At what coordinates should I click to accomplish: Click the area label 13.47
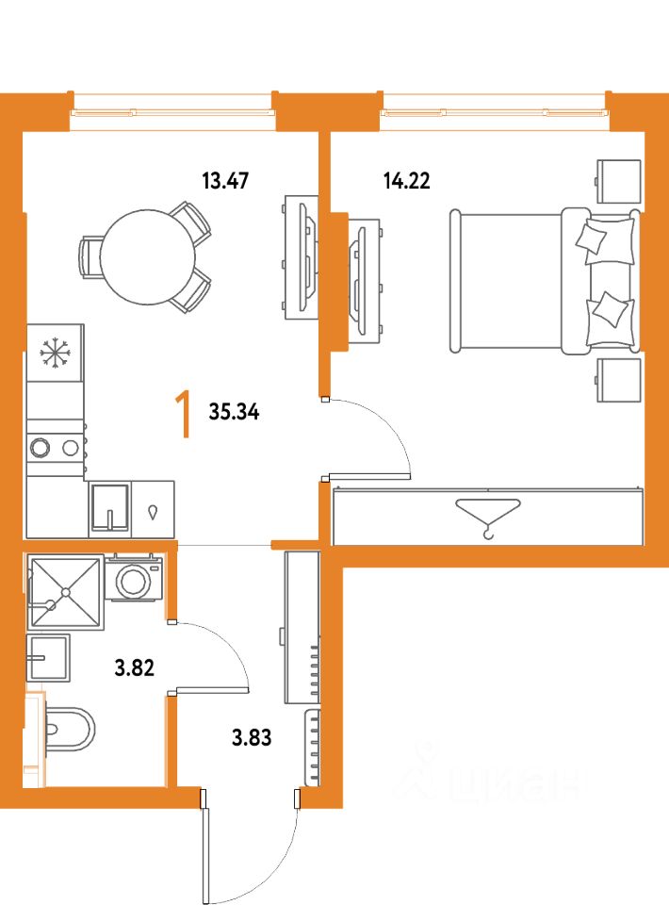[x=225, y=181]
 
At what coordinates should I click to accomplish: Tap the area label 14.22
[x=407, y=181]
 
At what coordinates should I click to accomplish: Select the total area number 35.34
[x=234, y=412]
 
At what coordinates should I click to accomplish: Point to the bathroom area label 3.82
[x=135, y=667]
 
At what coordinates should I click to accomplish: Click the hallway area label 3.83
[x=252, y=737]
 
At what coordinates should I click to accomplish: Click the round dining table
[x=148, y=256]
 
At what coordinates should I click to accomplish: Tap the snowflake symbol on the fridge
[x=56, y=353]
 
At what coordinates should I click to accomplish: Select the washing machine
[x=134, y=578]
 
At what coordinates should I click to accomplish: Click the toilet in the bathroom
[x=69, y=729]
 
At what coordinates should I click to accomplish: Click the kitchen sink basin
[x=109, y=507]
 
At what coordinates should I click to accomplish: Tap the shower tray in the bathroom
[x=66, y=592]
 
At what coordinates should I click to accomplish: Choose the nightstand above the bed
[x=618, y=181]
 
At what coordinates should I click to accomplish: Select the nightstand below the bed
[x=618, y=380]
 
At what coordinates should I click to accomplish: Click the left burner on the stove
[x=41, y=447]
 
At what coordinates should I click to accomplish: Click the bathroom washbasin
[x=49, y=657]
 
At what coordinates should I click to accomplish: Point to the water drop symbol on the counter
[x=153, y=512]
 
